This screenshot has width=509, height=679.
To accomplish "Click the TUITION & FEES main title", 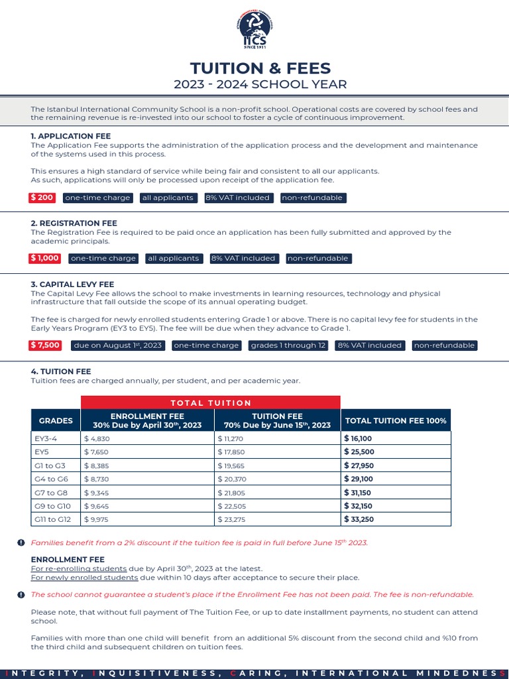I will pos(260,68).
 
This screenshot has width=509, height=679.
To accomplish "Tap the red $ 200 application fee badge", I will pos(42,198).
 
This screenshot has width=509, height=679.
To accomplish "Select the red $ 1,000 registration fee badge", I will pos(44,258).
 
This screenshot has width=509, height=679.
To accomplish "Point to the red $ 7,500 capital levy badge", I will pos(45,345).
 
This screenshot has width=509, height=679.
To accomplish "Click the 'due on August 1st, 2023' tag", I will pos(118,345).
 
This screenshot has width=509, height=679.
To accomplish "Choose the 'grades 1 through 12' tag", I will pos(288,345).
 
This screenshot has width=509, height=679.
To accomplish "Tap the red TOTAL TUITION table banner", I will pos(211,402).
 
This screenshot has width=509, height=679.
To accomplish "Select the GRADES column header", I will pos(56,420).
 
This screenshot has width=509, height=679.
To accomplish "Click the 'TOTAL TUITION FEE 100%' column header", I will pos(396,420).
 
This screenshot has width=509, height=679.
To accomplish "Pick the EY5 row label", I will pos(42,451).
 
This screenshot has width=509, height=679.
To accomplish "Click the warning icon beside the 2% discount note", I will pos(21,543).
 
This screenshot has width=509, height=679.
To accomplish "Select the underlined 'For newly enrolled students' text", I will pos(79,578).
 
